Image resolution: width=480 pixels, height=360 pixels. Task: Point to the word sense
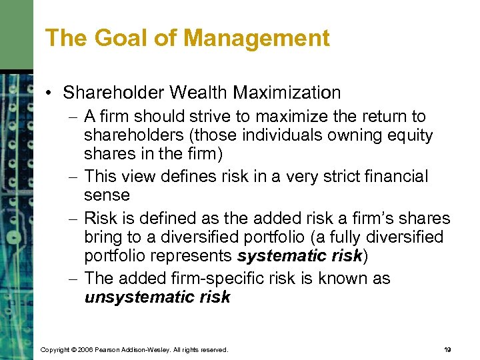107,195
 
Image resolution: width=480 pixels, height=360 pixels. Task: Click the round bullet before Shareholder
51,93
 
